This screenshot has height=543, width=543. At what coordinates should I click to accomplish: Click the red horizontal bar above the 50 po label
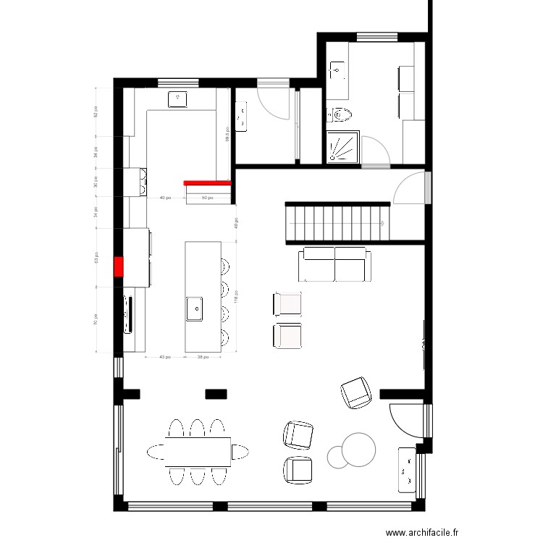206,183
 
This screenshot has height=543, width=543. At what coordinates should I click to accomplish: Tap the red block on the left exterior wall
118,266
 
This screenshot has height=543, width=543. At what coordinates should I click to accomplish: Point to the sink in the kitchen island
195,308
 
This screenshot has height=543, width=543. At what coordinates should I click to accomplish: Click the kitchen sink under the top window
178,99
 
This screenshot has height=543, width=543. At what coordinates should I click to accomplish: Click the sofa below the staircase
334,264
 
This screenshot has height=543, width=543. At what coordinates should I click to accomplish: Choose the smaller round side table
337,455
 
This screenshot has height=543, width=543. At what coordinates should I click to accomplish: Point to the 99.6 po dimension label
227,134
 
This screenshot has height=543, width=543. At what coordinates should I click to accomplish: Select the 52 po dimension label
95,112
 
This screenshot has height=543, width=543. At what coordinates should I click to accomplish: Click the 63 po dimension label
95,257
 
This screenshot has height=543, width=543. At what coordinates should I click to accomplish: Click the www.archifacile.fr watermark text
422,533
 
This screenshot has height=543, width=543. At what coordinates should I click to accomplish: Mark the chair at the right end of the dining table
238,452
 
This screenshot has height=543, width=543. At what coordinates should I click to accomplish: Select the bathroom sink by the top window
337,70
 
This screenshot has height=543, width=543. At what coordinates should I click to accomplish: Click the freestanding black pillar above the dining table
216,394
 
